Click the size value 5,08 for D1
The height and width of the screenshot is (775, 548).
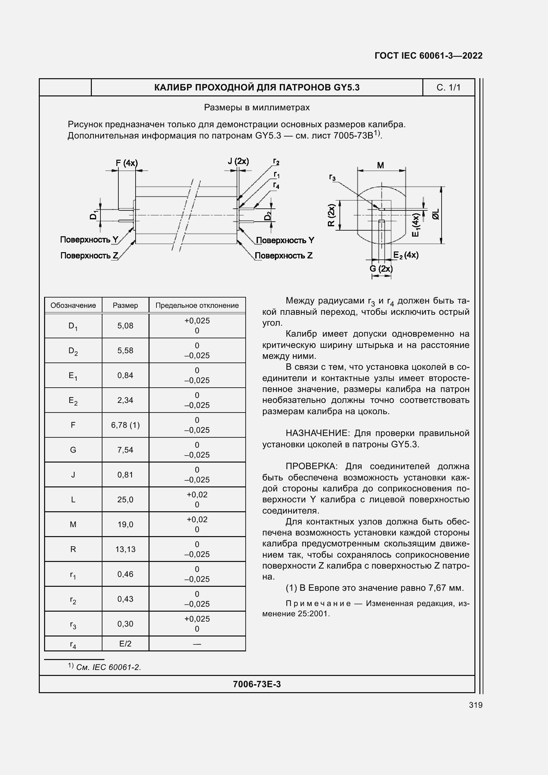tap(125, 326)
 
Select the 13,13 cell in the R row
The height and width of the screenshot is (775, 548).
tap(125, 549)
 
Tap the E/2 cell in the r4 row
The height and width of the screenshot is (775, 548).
tap(125, 644)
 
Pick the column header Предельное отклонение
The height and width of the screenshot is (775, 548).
tap(197, 305)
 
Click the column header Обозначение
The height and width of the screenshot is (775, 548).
tap(73, 305)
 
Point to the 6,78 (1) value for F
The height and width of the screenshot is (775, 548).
tap(125, 425)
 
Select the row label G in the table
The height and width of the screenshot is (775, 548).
tap(73, 450)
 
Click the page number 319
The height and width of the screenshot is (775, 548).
tap(475, 705)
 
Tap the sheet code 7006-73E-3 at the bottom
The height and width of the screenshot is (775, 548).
tap(257, 684)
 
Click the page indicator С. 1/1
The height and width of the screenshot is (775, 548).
tap(448, 88)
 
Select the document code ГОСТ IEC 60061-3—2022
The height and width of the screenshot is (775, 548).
tap(428, 56)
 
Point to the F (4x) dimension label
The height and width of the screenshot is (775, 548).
tap(127, 163)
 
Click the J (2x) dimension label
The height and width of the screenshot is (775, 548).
tap(238, 161)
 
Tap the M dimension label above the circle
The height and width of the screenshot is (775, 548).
tap(381, 165)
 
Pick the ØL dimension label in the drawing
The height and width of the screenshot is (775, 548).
tap(436, 214)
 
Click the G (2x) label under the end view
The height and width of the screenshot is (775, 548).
tap(381, 269)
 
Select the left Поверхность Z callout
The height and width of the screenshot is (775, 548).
tap(89, 255)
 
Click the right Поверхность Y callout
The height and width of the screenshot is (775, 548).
tap(285, 240)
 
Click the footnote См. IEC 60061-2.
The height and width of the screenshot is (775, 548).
tap(108, 667)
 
